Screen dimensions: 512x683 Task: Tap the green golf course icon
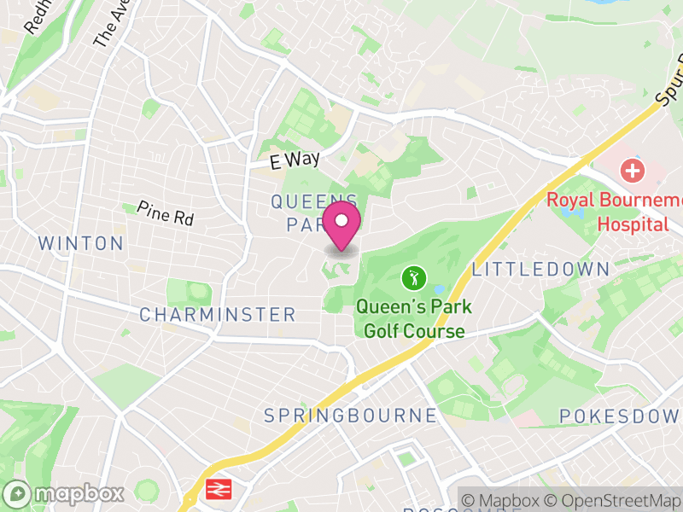[414, 277]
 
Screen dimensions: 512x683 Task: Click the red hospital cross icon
[633, 170]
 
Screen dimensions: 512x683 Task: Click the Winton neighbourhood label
[81, 244]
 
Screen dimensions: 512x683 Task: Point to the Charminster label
[218, 315]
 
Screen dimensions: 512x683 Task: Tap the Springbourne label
[350, 416]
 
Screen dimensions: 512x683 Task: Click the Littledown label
[540, 270]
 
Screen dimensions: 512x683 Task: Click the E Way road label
[295, 160]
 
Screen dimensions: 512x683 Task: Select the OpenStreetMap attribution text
[614, 501]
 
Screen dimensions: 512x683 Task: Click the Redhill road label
[38, 17]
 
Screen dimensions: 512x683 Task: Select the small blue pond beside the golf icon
[439, 290]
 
